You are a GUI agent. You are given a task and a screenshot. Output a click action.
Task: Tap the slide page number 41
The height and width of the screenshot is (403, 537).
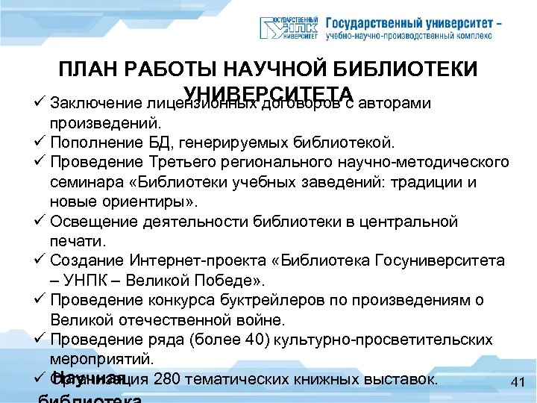point(519,383)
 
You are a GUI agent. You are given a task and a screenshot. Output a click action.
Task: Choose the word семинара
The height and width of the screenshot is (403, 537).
point(84,182)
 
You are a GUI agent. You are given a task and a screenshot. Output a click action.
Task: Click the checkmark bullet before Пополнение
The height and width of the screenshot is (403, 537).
point(40,142)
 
